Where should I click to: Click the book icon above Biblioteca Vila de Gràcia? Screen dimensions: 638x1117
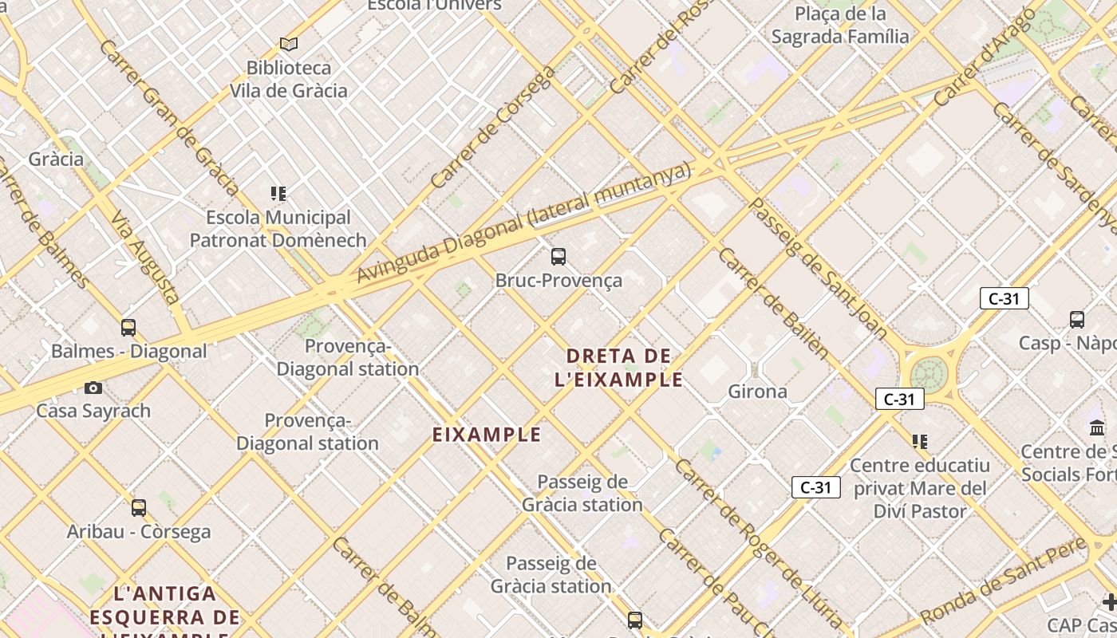click(289, 44)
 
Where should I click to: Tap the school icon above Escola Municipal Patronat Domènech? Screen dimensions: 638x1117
click(278, 193)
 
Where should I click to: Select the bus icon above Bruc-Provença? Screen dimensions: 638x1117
click(558, 256)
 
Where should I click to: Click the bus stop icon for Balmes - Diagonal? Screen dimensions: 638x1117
click(128, 327)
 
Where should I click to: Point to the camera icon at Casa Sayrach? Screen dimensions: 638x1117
click(93, 388)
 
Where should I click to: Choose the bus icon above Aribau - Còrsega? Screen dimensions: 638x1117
click(139, 507)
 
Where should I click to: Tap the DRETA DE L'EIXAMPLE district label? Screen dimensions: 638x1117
click(619, 367)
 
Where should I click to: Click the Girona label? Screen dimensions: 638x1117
click(757, 391)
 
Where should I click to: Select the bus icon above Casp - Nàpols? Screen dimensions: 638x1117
click(1077, 320)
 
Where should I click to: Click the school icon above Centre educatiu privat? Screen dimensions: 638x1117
click(920, 441)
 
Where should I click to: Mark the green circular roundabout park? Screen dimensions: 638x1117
click(930, 373)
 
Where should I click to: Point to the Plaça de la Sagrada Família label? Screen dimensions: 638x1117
click(840, 25)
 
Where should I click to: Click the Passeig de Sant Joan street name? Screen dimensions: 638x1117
click(819, 267)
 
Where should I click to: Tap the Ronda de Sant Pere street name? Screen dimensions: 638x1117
click(1003, 582)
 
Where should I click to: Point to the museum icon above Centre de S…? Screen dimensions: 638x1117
click(1097, 428)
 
